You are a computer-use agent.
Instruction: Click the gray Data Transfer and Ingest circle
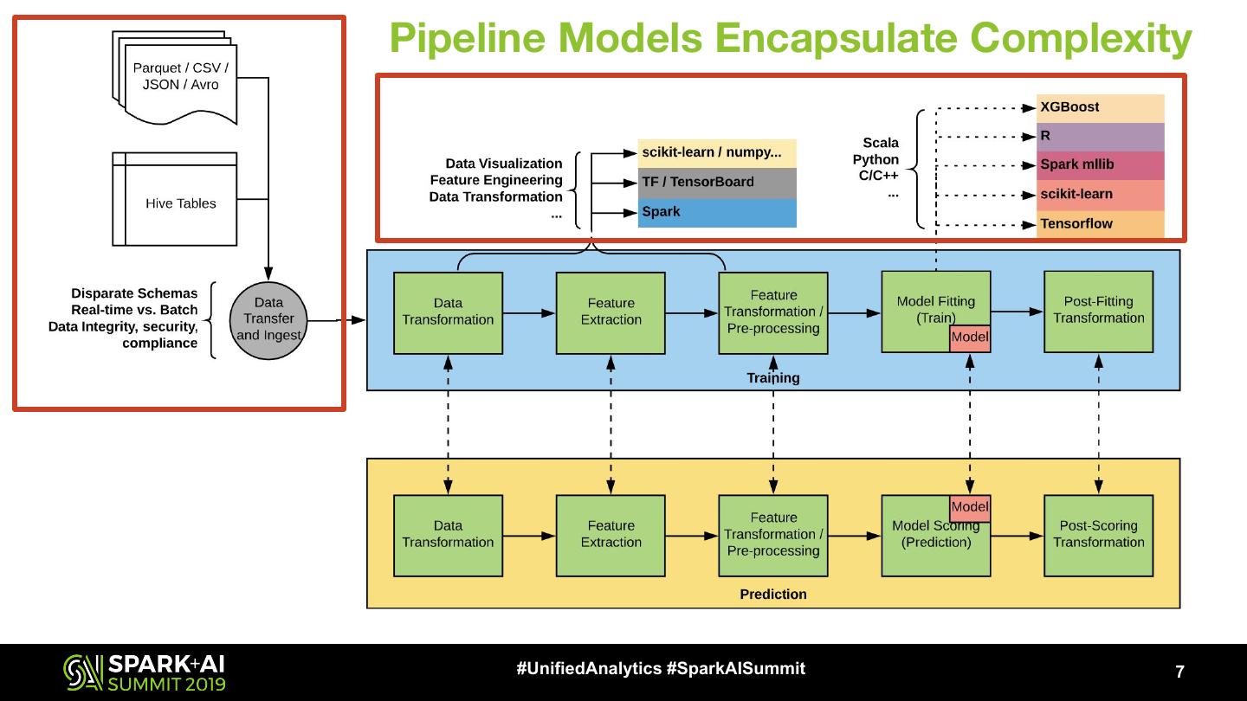click(x=268, y=320)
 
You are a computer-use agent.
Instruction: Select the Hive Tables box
click(x=175, y=199)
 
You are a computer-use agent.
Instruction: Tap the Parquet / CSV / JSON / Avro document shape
click(x=175, y=78)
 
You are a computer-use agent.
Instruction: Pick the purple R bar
click(x=1100, y=137)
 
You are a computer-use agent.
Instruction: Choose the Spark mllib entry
click(x=1100, y=165)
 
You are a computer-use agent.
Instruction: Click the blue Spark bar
click(x=717, y=213)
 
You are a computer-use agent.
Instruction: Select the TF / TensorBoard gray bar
click(x=717, y=183)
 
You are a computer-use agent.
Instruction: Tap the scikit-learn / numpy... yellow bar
click(x=717, y=153)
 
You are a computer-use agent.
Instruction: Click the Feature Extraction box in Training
click(x=611, y=313)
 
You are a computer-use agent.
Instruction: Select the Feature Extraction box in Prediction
click(x=611, y=536)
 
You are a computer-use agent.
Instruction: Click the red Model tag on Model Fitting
click(x=970, y=338)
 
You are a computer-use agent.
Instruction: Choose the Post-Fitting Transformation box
click(x=1098, y=312)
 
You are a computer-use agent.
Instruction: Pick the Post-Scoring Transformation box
click(x=1098, y=536)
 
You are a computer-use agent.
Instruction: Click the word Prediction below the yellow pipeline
click(x=773, y=595)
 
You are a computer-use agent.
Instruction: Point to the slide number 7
click(x=1179, y=672)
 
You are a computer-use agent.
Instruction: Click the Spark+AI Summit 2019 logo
click(x=144, y=672)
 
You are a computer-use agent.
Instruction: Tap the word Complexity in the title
click(x=1081, y=39)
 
